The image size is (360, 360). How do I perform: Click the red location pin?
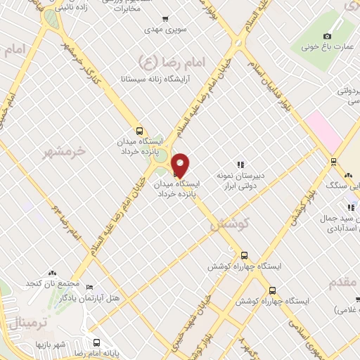pyautogui.click(x=181, y=165)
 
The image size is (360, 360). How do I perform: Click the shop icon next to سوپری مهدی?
pyautogui.click(x=165, y=20)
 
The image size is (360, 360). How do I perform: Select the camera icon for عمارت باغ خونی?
pyautogui.click(x=326, y=37)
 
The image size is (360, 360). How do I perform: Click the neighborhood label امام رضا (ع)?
pyautogui.click(x=168, y=61)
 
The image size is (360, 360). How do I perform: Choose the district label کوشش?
pyautogui.click(x=225, y=224)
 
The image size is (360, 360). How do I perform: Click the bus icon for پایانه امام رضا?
pyautogui.click(x=96, y=344)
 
